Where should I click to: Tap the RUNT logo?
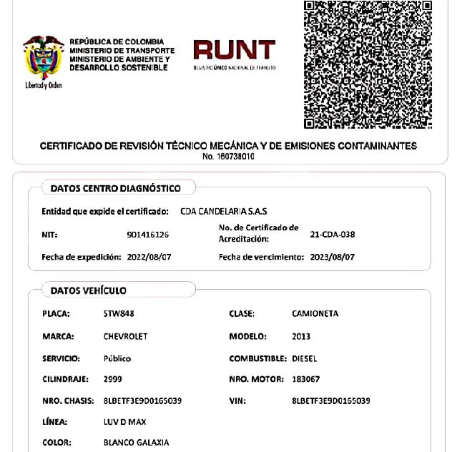[x=234, y=54]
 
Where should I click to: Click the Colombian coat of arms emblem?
[x=43, y=59]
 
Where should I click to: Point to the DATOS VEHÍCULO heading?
[x=89, y=290]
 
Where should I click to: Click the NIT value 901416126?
[x=148, y=235]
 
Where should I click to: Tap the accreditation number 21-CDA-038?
[x=333, y=235]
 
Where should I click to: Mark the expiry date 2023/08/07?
[x=333, y=256]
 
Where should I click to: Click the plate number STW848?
[x=119, y=314]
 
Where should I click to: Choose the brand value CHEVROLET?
[x=126, y=336]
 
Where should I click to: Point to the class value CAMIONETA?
[x=315, y=314]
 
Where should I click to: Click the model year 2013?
[x=301, y=336]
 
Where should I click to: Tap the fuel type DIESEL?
[x=305, y=358]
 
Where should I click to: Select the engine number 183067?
[x=306, y=379]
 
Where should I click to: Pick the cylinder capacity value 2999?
[x=112, y=379]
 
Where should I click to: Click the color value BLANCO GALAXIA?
[x=137, y=443]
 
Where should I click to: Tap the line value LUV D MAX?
[x=124, y=422]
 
